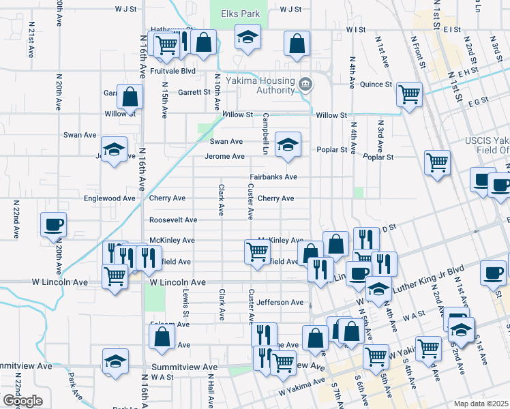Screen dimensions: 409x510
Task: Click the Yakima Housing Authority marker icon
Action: point(305,85)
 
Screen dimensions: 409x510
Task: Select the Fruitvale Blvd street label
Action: point(170,71)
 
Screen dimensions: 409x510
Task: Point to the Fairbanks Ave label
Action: point(273,177)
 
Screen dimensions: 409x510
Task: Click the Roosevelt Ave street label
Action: point(173,220)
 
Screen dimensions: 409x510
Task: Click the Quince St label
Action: point(376,85)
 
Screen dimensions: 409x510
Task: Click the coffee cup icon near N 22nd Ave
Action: point(53,224)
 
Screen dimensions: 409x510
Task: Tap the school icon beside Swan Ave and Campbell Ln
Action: point(288,145)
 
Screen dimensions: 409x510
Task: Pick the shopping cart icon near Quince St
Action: point(409,94)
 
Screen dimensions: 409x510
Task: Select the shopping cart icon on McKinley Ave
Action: point(257,251)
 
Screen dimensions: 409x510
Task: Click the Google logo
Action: point(22,402)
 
